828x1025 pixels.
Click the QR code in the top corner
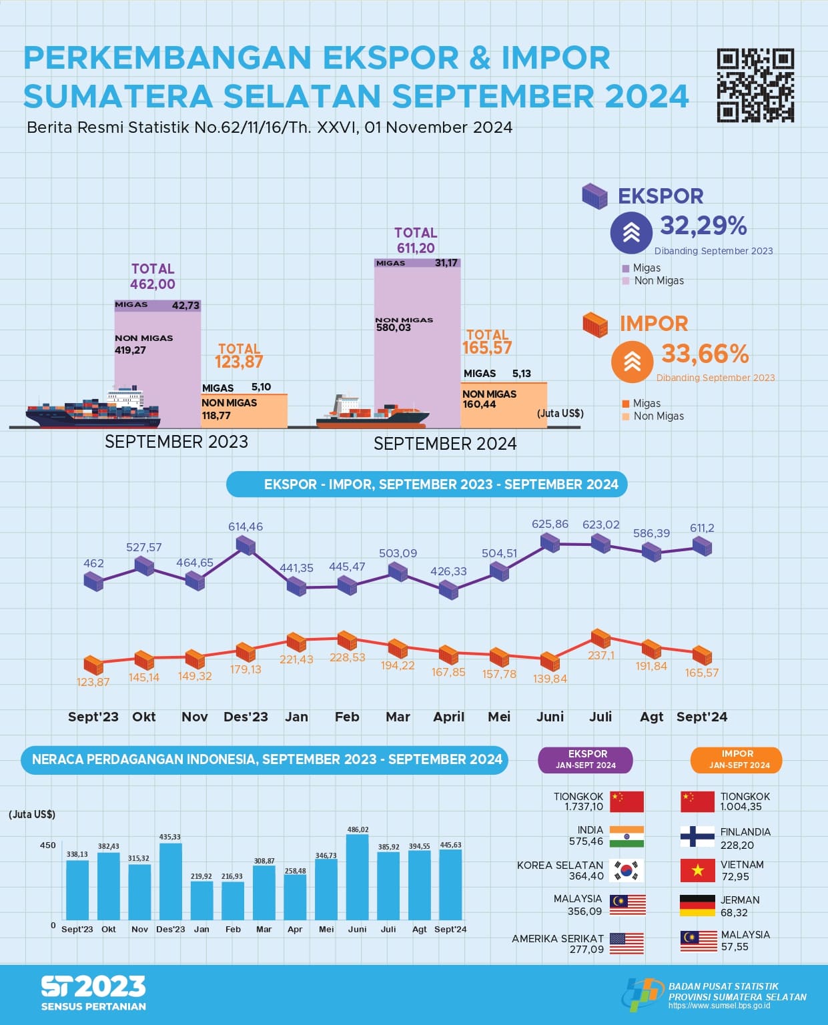pos(755,85)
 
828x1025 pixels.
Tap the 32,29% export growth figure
pos(703,226)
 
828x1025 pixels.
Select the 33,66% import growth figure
pos(705,354)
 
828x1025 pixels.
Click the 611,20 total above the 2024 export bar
pos(416,248)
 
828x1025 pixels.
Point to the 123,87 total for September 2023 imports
pos(239,362)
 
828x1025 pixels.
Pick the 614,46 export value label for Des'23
pos(246,527)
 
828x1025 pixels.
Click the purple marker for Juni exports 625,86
pos(550,542)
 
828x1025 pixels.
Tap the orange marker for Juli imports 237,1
pos(600,638)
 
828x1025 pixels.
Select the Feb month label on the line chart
pos(347,717)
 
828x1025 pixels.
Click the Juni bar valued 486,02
pos(358,877)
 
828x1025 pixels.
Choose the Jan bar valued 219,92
pos(201,900)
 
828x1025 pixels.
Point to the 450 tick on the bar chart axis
pos(48,845)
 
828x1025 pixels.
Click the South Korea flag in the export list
pos(627,870)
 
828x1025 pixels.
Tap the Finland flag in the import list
pos(697,836)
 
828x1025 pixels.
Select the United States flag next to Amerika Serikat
pos(627,943)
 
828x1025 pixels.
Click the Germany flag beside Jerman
pos(697,906)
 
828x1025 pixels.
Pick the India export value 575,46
pos(586,841)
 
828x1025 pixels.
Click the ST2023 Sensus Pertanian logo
pos(93,993)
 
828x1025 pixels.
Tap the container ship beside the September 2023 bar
pos(93,408)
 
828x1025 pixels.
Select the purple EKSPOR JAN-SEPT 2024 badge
pos(586,759)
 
